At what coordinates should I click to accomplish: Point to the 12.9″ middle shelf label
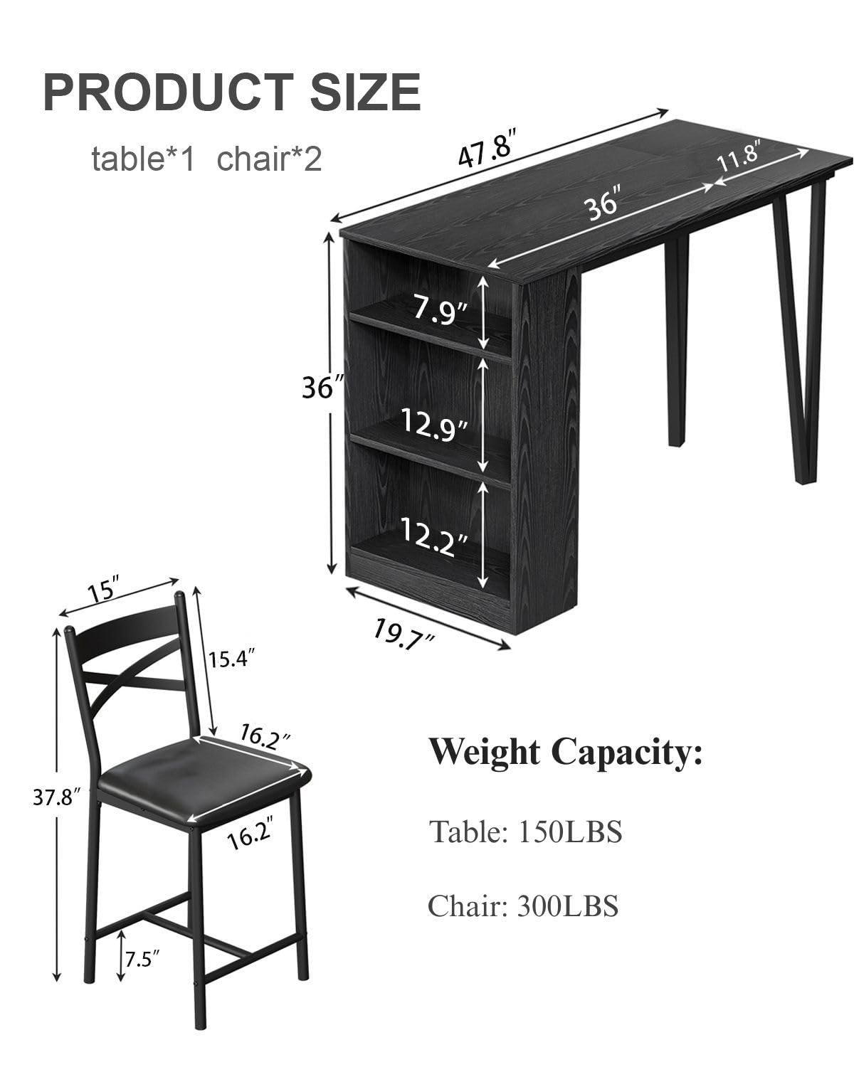pos(433,425)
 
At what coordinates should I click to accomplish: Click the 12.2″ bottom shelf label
pos(433,536)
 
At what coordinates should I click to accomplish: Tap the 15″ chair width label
pos(104,592)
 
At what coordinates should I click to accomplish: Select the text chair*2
pos(270,159)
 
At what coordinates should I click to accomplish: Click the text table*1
pos(143,159)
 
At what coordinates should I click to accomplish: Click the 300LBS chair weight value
pos(568,906)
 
